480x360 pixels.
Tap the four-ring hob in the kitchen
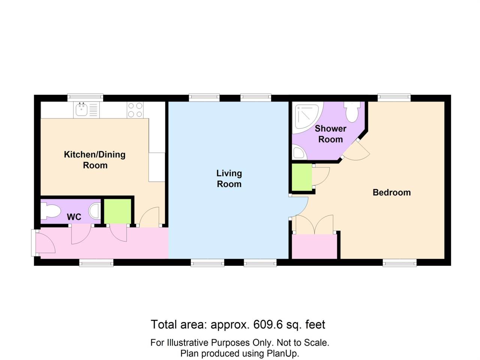(x=135, y=109)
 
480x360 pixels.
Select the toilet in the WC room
(x=50, y=211)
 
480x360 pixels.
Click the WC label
(x=74, y=217)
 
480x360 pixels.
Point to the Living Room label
(x=229, y=178)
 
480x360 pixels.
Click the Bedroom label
(x=391, y=192)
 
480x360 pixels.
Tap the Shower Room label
(x=330, y=134)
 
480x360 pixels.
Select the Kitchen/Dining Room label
(x=95, y=160)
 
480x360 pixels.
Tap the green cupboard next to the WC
(x=117, y=211)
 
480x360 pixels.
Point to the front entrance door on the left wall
(x=44, y=243)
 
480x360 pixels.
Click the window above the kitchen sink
(x=85, y=97)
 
